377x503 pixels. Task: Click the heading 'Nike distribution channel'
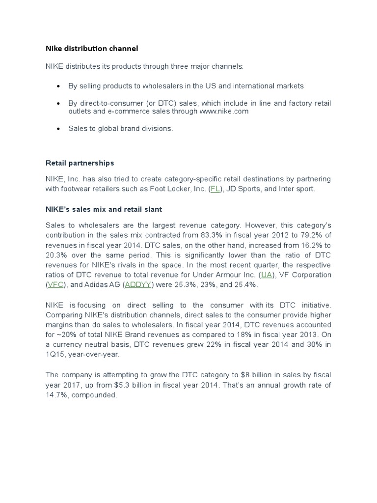point(92,48)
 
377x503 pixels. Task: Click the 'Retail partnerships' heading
point(80,163)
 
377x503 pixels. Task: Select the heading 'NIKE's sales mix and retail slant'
point(104,209)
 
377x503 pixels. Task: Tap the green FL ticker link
point(215,189)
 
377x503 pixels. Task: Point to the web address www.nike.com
point(224,112)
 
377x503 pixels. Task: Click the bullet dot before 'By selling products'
point(58,86)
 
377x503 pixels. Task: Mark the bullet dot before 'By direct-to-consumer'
point(58,104)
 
